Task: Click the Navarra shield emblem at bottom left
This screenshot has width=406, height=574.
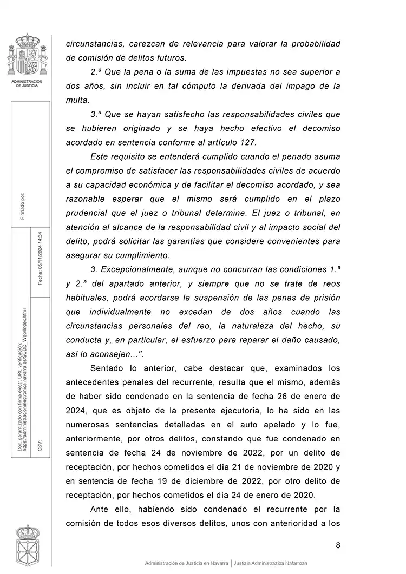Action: click(27, 546)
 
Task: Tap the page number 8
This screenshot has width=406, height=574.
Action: click(338, 545)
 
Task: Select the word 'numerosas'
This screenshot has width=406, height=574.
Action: click(88, 425)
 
